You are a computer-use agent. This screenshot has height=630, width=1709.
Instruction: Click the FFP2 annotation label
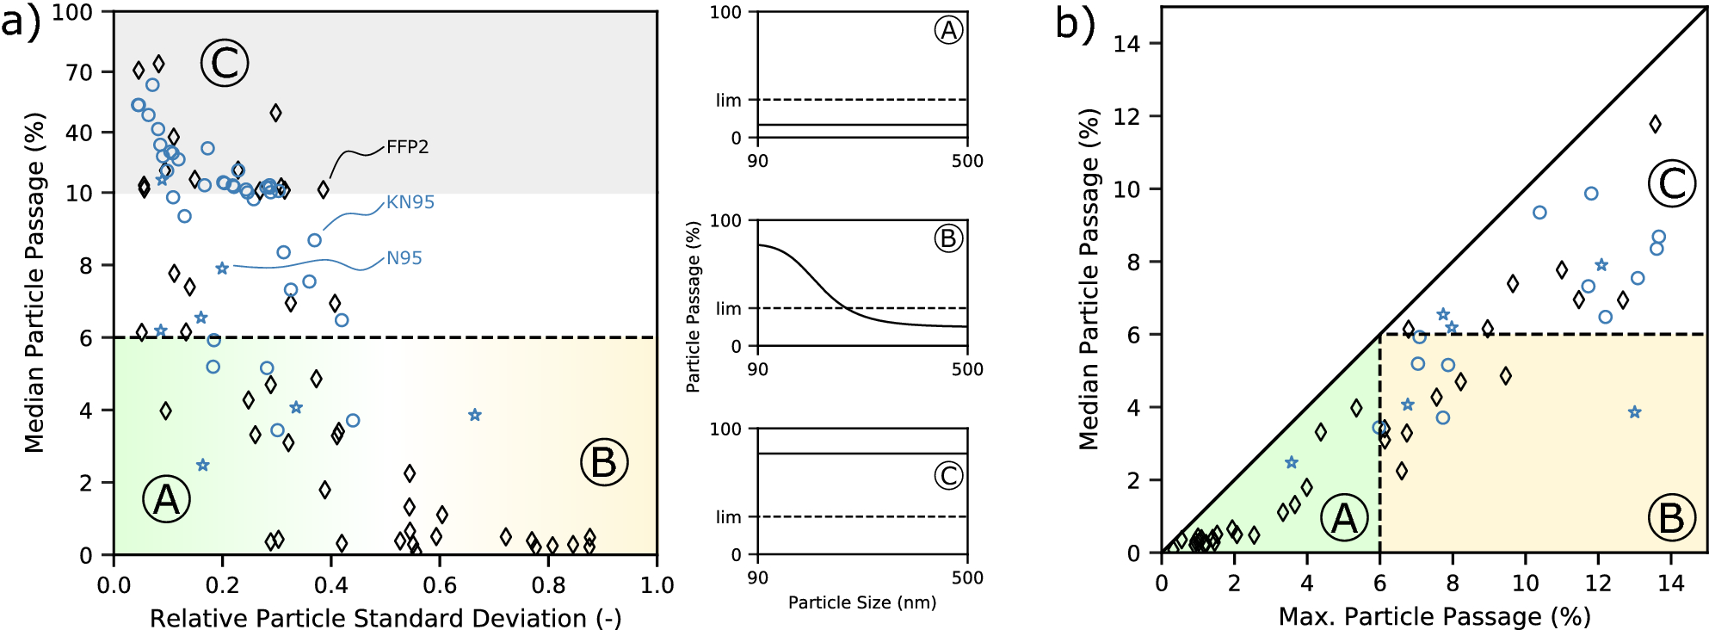click(x=407, y=147)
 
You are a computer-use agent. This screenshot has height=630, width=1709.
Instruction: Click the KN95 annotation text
click(x=410, y=202)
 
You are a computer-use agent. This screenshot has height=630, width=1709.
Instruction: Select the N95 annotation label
click(x=404, y=258)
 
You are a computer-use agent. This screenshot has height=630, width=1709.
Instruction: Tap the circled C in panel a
click(x=225, y=63)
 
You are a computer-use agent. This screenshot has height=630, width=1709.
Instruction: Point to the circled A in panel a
click(x=166, y=499)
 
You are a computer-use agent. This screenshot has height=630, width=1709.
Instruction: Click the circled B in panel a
click(x=604, y=462)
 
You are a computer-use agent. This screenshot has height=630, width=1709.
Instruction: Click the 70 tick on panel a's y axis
click(x=79, y=72)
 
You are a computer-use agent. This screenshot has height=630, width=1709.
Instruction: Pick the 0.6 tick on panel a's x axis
click(x=440, y=586)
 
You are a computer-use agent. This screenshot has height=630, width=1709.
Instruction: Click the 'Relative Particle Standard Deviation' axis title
click(x=386, y=618)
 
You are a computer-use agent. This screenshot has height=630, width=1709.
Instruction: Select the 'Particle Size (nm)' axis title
click(x=862, y=602)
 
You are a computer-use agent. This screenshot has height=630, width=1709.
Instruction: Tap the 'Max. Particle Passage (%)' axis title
click(x=1434, y=616)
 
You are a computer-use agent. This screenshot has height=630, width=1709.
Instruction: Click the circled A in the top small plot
click(x=948, y=31)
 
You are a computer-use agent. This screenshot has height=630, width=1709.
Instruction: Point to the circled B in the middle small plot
click(x=948, y=238)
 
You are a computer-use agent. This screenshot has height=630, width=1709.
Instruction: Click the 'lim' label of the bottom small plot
click(x=728, y=517)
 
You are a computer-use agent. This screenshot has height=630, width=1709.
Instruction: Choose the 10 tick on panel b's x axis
click(x=1525, y=584)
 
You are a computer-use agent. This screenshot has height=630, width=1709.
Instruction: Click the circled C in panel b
click(x=1671, y=183)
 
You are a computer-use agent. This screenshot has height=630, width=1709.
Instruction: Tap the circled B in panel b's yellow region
click(x=1671, y=518)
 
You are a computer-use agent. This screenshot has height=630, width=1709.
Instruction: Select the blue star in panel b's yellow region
click(x=1634, y=412)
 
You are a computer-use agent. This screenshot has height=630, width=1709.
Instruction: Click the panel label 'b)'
click(x=1075, y=23)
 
